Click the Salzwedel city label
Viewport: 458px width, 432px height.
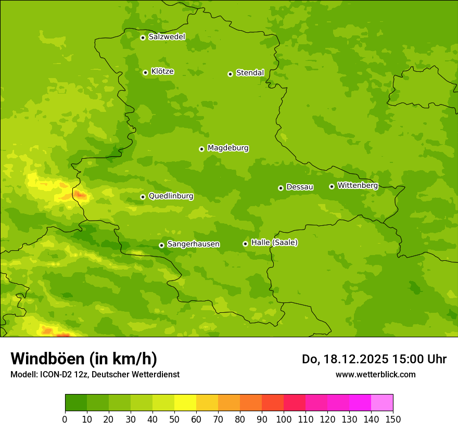click(x=167, y=37)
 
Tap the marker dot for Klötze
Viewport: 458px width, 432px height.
click(x=145, y=72)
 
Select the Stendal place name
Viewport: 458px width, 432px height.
click(x=250, y=73)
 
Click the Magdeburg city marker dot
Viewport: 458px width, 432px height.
click(x=201, y=149)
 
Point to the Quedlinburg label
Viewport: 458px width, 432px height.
click(x=171, y=196)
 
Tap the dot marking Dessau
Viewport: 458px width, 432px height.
click(x=281, y=188)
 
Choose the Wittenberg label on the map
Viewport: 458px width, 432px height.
click(x=358, y=185)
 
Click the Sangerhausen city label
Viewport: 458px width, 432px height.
click(x=193, y=244)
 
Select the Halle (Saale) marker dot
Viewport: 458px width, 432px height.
click(x=245, y=244)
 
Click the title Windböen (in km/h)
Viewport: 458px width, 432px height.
click(x=84, y=359)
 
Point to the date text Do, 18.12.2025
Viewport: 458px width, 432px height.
click(x=345, y=359)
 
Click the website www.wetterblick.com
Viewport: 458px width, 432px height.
click(x=375, y=374)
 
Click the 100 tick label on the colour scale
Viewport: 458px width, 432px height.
click(x=284, y=420)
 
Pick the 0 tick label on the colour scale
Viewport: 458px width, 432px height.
click(x=65, y=420)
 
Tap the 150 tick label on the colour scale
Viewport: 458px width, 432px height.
click(x=393, y=420)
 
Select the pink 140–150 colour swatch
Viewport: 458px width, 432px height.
click(x=382, y=403)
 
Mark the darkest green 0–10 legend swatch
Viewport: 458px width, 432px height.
click(x=76, y=403)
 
